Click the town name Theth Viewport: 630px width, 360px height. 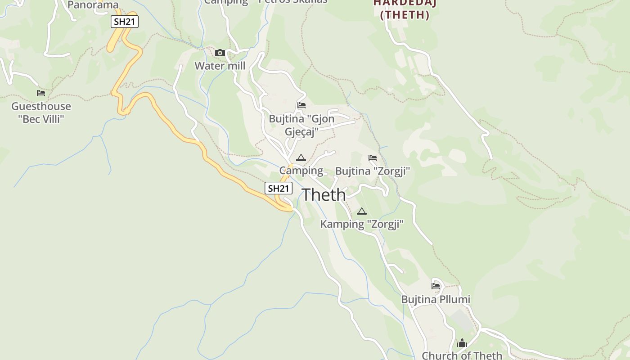[x=324, y=195]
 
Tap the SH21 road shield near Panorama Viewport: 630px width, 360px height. [x=125, y=22]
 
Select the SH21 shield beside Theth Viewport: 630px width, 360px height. [x=278, y=188]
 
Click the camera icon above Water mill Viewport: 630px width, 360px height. [x=220, y=53]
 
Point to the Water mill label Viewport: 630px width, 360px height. [x=220, y=66]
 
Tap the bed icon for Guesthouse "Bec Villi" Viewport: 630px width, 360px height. [x=41, y=93]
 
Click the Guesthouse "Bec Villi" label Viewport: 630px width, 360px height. [x=41, y=112]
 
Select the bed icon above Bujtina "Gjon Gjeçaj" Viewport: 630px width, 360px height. [x=301, y=105]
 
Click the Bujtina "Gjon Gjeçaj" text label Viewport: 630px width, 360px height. [x=301, y=125]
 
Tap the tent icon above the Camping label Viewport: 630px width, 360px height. [x=301, y=157]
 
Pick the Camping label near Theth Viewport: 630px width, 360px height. [x=301, y=171]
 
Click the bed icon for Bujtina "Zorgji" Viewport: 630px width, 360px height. [x=373, y=158]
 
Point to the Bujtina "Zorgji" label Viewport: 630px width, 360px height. [x=373, y=171]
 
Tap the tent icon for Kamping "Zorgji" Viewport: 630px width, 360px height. [x=362, y=211]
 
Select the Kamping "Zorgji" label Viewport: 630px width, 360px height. [x=362, y=224]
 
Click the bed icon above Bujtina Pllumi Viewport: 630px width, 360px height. [x=436, y=286]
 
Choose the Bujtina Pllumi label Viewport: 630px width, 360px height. [x=436, y=299]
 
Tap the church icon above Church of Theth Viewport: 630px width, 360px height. [x=462, y=343]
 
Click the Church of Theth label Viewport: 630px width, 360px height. [x=462, y=355]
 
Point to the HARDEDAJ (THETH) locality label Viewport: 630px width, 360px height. [x=405, y=9]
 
